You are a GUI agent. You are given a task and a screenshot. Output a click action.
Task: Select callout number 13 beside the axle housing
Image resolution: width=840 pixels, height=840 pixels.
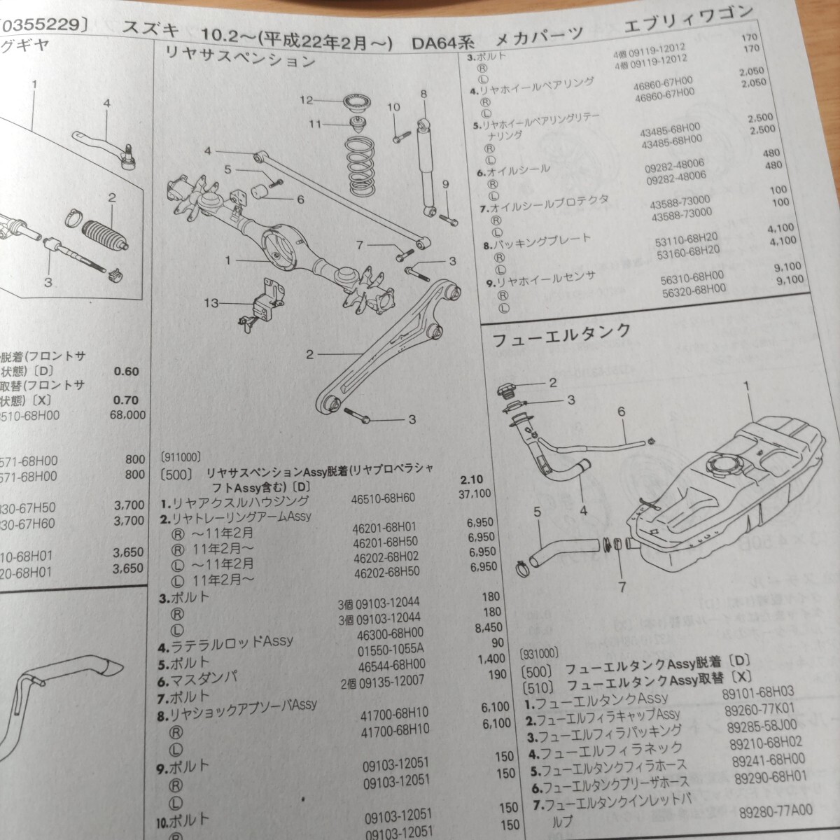click(211, 303)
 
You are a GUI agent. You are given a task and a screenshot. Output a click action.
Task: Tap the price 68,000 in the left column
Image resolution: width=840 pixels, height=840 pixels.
click(127, 414)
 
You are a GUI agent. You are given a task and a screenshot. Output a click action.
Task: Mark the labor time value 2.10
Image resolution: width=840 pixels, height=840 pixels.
click(475, 479)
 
